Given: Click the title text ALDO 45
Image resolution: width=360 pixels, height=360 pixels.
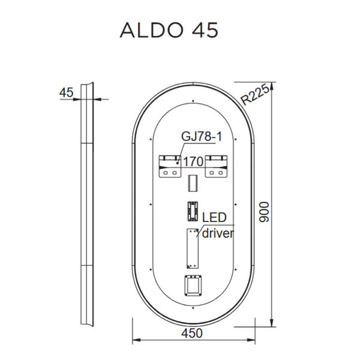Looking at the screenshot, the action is click(169, 31).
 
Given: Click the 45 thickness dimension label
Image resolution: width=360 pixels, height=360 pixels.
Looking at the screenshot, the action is click(67, 93).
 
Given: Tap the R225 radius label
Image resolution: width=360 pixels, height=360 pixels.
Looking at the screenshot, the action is click(255, 94).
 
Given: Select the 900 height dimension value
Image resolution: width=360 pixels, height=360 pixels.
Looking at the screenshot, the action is click(264, 212).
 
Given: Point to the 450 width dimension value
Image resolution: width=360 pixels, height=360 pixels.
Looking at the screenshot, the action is click(192, 333).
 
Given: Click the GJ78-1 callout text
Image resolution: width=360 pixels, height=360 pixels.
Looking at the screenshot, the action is click(202, 136).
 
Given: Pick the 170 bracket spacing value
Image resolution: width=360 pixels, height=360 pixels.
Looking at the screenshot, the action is click(193, 161).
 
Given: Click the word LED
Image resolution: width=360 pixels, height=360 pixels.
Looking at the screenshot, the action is click(214, 217).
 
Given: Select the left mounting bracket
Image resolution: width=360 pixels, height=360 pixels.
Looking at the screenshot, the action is click(170, 166).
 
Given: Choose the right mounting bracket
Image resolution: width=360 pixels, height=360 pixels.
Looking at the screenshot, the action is click(216, 166).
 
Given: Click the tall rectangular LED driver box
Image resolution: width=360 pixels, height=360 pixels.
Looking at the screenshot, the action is click(193, 248).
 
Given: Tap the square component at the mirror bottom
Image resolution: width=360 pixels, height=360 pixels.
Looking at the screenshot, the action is click(193, 286).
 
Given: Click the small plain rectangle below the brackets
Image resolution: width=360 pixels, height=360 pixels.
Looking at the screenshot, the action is click(193, 183).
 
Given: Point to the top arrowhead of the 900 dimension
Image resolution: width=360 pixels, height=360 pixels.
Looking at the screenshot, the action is click(272, 86).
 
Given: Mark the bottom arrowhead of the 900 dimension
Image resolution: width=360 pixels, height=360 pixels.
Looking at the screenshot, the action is click(272, 322).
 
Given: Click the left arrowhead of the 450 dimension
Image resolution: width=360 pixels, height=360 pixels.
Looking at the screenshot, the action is click(137, 340).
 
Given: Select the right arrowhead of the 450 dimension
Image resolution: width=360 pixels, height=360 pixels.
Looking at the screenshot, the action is click(251, 340).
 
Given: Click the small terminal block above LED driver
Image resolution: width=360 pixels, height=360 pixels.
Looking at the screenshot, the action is click(193, 211).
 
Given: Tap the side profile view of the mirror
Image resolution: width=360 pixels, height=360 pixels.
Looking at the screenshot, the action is click(87, 204).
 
